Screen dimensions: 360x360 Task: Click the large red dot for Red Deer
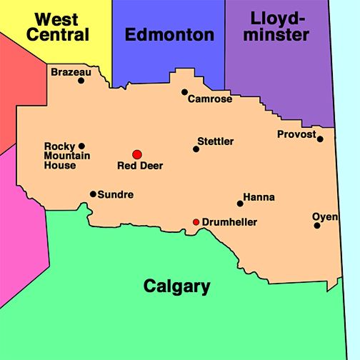[x=137, y=154]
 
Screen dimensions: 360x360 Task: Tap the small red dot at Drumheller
[x=196, y=222]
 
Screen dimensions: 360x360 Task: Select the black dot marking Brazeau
[x=81, y=80]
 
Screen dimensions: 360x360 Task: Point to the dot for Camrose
[x=184, y=92]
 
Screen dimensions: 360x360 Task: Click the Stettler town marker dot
[x=196, y=149]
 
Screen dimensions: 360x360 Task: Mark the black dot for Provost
[x=320, y=139]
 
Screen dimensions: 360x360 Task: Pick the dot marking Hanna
[x=240, y=204]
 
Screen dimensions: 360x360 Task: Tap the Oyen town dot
[x=317, y=226]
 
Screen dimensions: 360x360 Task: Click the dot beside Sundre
[x=93, y=194]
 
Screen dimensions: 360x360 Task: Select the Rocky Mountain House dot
[x=81, y=146]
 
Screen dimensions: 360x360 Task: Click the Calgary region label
[x=177, y=286]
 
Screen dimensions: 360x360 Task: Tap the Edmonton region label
[x=169, y=34]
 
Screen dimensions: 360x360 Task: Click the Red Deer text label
[x=140, y=166]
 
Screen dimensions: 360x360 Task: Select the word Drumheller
[x=229, y=222]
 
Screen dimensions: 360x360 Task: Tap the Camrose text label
[x=210, y=99]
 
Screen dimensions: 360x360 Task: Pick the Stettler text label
[x=216, y=141]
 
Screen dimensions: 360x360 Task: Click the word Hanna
[x=259, y=197]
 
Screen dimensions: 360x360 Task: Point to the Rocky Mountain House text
[x=60, y=156]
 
